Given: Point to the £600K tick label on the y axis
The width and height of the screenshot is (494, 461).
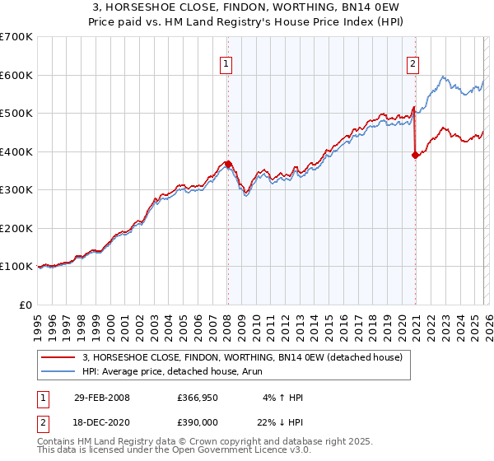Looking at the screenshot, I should (16, 75).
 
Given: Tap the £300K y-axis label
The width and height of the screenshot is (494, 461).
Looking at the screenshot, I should (16, 190).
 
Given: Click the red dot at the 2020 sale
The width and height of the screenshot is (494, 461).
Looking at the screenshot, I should (415, 155).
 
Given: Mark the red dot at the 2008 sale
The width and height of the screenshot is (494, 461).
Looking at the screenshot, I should (228, 164).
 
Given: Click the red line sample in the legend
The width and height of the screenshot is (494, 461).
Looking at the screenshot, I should (58, 357).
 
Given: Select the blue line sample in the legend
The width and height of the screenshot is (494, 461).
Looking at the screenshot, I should (58, 371).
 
